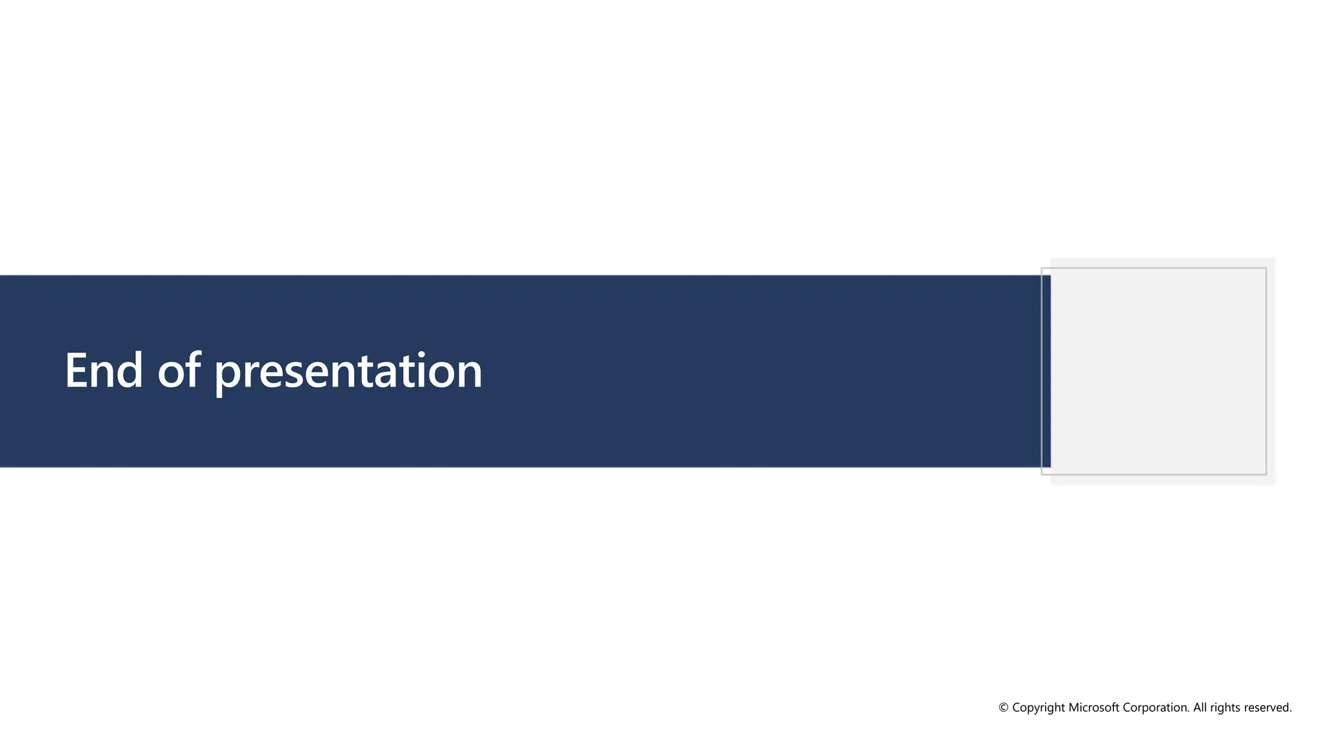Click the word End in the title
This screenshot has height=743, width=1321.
(103, 371)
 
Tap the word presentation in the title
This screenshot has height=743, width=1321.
(348, 373)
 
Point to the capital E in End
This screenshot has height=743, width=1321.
(76, 371)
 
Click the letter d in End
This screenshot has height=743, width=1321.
(130, 370)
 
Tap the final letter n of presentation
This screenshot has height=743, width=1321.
(468, 375)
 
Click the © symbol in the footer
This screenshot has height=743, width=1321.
(1004, 708)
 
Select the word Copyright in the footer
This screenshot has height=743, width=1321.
(1038, 708)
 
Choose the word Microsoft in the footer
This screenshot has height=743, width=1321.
(1094, 708)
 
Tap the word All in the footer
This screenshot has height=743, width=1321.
(1200, 708)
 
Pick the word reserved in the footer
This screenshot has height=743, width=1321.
(1267, 708)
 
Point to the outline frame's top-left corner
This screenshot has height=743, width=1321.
(1042, 268)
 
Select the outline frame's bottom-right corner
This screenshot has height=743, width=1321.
(1266, 474)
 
